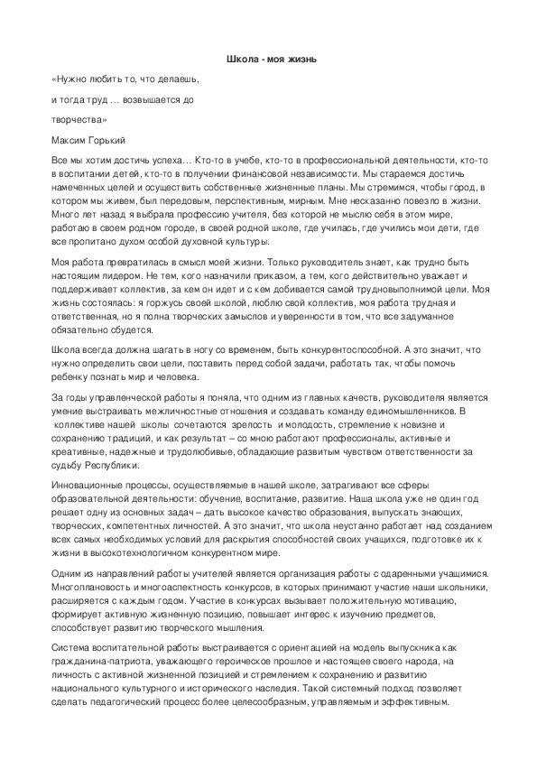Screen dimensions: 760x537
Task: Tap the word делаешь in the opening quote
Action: [x=166, y=79]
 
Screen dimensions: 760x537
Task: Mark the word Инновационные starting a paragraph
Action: [x=90, y=484]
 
